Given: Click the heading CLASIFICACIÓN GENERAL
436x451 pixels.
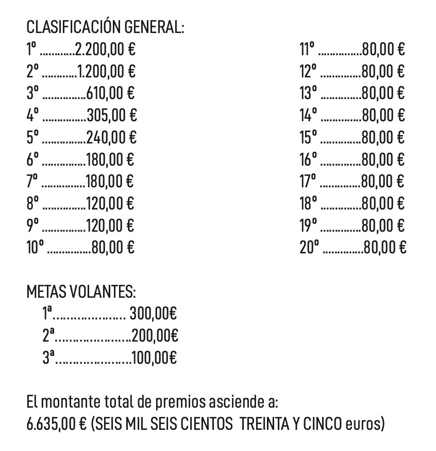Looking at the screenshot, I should (105, 27).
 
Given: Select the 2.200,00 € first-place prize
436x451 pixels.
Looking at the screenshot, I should (106, 50).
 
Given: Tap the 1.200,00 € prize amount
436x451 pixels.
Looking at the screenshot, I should (107, 71).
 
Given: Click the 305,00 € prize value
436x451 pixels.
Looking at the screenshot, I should (112, 115).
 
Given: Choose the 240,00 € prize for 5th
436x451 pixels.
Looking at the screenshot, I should (111, 137).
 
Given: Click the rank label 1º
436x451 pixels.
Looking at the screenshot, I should (32, 50).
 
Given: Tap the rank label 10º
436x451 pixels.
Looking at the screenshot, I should (36, 248).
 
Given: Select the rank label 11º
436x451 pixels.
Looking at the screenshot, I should (307, 50).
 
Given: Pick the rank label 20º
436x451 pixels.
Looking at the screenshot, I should (310, 248).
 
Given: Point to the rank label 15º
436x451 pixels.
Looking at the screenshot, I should (309, 137).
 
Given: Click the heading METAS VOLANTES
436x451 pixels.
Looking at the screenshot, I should (81, 292).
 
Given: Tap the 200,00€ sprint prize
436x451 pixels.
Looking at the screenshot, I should (155, 336).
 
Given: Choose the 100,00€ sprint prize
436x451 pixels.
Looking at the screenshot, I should (155, 358).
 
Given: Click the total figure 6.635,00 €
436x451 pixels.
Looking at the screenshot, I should (57, 424).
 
